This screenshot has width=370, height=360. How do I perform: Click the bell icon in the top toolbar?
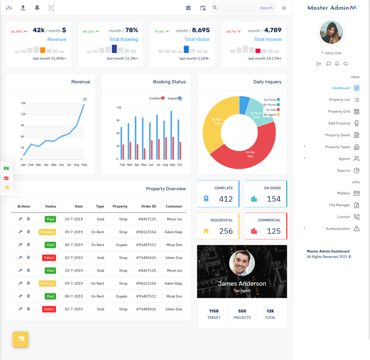click(x=37, y=8)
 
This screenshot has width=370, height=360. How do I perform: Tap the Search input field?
click(x=243, y=8)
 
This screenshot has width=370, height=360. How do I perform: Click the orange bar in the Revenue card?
click(x=43, y=50)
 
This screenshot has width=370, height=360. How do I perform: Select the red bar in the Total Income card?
click(x=258, y=51)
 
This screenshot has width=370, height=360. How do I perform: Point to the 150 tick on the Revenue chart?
click(x=23, y=103)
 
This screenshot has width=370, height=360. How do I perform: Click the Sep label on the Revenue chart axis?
click(x=84, y=165)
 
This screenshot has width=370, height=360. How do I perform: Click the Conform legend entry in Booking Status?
click(x=157, y=98)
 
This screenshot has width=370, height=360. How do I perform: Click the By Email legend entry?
click(x=272, y=100)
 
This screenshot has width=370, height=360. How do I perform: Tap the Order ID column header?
click(x=149, y=206)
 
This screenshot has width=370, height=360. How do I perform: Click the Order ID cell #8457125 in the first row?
click(x=147, y=219)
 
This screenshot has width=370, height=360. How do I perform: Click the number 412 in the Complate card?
click(x=226, y=199)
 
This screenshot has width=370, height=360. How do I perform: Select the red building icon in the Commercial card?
click(x=254, y=231)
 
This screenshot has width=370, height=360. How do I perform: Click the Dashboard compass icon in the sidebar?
click(x=357, y=88)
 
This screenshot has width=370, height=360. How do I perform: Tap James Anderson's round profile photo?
click(x=242, y=263)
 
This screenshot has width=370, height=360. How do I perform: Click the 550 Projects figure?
click(x=242, y=311)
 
